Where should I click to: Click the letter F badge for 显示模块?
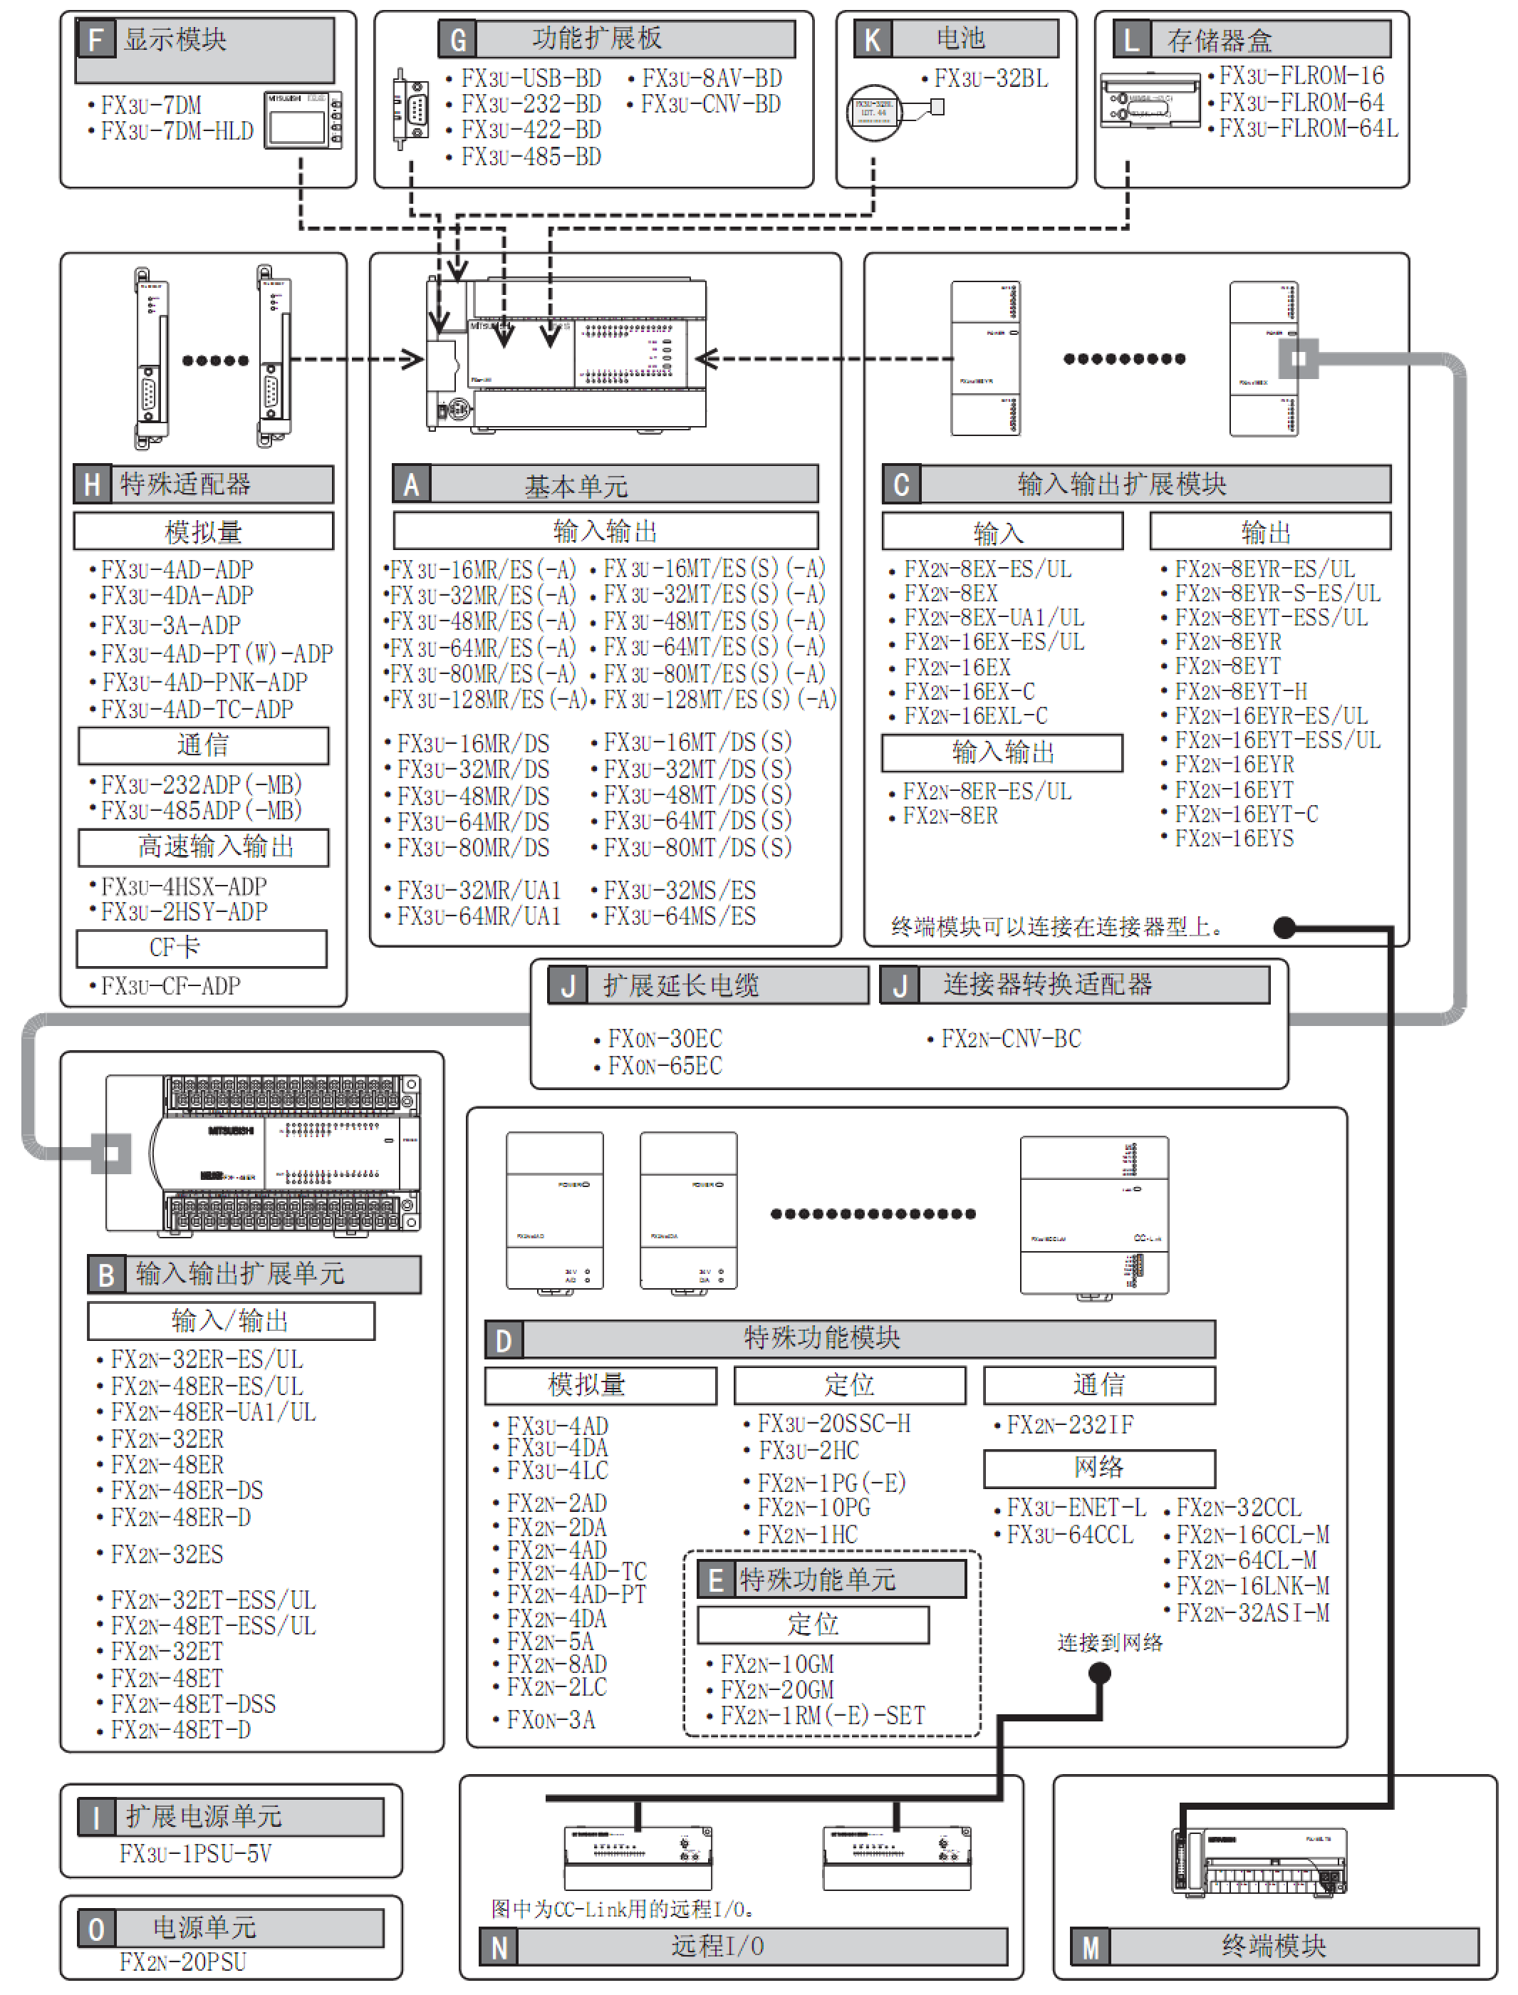click(95, 40)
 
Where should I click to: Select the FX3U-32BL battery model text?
click(990, 78)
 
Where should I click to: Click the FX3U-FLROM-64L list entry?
click(1307, 129)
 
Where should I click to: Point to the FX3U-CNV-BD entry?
click(710, 105)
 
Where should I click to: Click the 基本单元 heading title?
click(576, 486)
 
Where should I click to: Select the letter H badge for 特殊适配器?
click(92, 484)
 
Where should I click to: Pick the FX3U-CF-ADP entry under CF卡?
click(170, 986)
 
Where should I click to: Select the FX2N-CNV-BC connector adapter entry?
click(1010, 1039)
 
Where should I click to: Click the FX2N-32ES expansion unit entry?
click(166, 1554)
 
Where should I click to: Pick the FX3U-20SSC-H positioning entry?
click(833, 1424)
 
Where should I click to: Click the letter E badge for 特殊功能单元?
click(716, 1580)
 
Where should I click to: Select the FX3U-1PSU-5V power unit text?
click(195, 1854)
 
